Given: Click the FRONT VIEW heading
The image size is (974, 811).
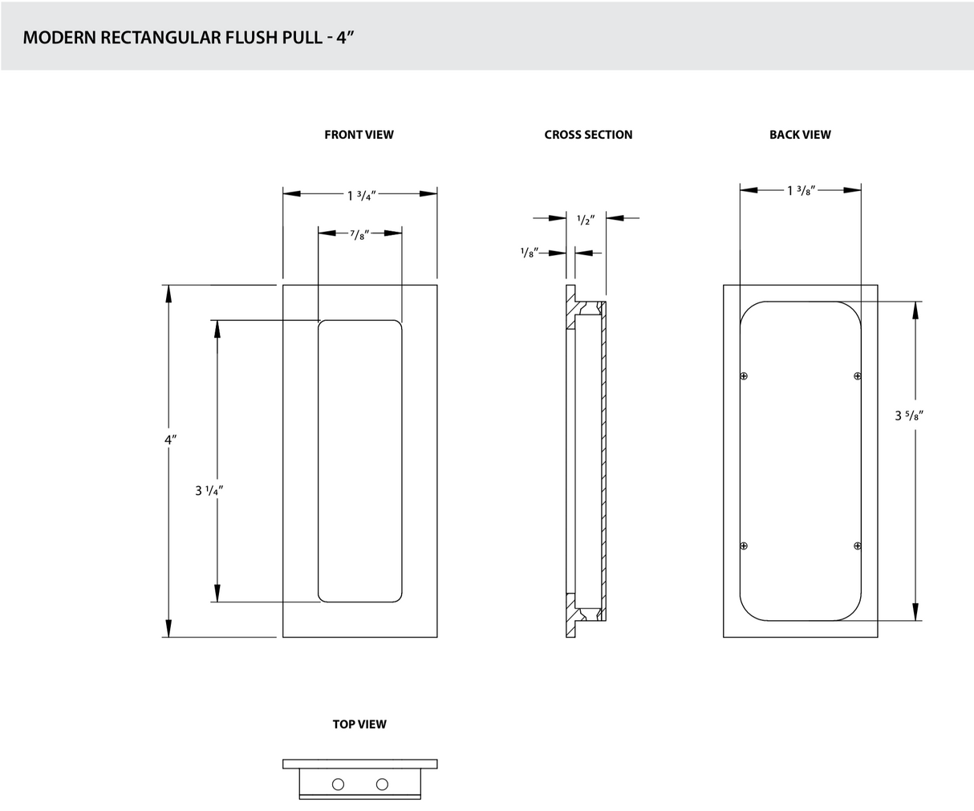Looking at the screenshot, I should [359, 135].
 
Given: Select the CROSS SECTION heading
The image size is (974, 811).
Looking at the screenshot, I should [588, 135].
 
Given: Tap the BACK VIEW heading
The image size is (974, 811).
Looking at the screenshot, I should [800, 135].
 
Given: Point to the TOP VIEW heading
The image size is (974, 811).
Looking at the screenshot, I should [359, 724].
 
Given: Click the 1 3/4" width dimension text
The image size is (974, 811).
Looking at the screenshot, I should [361, 195].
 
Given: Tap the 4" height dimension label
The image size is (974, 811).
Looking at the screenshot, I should [169, 440].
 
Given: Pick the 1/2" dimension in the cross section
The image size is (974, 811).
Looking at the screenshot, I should [585, 220].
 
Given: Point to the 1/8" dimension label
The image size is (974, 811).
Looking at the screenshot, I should [529, 252].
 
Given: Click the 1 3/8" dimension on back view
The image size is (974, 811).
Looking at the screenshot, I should [802, 191].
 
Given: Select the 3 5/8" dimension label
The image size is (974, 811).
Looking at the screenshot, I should [912, 416].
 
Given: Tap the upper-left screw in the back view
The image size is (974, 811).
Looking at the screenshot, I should [744, 375].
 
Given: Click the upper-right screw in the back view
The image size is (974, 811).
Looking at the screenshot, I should [857, 375].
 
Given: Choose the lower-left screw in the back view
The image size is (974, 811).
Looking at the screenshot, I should [744, 546].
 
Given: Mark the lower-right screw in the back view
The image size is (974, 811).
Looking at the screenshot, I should [857, 546].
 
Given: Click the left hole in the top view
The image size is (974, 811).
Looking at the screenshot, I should [338, 784].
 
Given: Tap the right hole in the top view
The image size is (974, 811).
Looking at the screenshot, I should [382, 784].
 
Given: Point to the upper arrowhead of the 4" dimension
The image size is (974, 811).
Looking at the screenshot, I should [168, 294].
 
